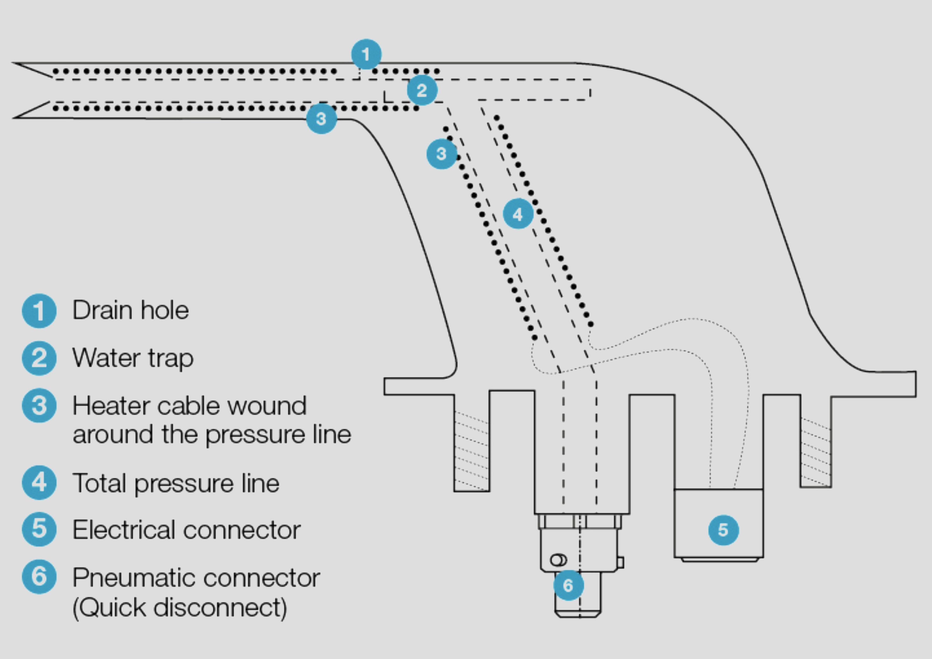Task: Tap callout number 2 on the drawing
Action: (422, 90)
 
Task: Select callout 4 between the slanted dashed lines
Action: (518, 214)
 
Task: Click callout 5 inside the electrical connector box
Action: (723, 530)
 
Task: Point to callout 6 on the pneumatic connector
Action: (568, 585)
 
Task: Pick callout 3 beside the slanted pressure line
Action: (442, 154)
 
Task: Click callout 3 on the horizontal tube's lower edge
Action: (321, 118)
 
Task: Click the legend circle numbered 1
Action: (39, 311)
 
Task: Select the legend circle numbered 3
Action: (39, 406)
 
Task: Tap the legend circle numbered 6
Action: (39, 577)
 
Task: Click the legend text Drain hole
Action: (130, 311)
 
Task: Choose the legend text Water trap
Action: (133, 358)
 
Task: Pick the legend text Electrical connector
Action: (186, 530)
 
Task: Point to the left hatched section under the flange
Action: (472, 450)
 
